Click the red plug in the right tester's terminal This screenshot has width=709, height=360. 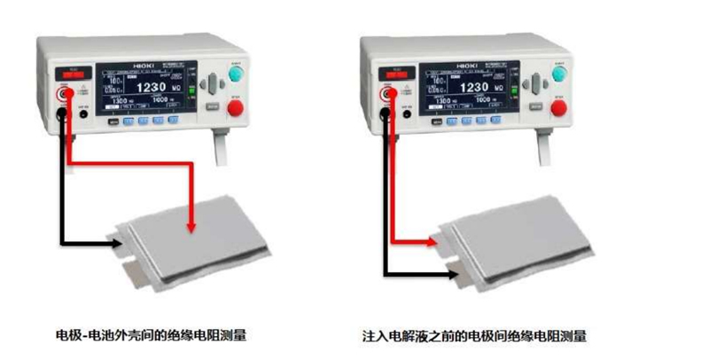(389, 93)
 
